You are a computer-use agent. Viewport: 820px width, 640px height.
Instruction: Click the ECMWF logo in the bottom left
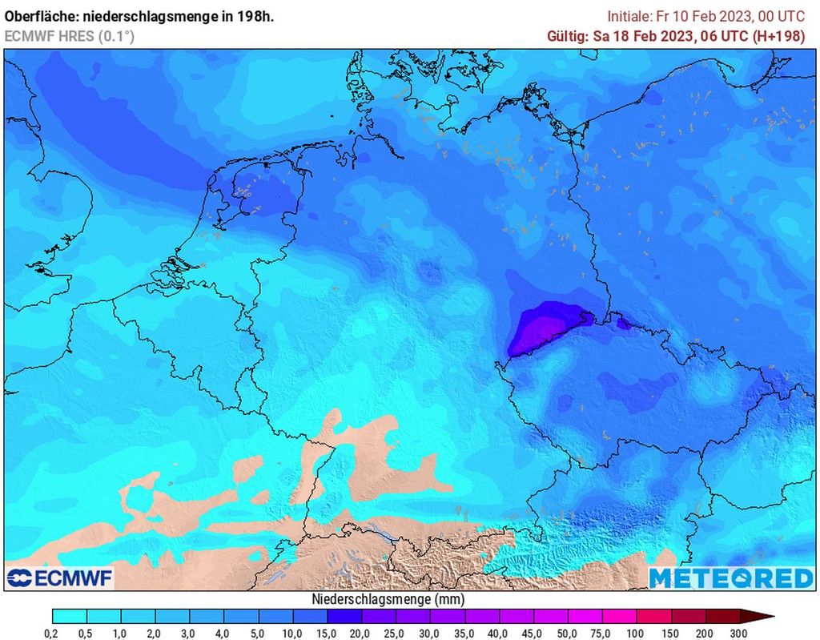point(60,578)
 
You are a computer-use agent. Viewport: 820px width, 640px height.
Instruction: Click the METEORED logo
point(730,578)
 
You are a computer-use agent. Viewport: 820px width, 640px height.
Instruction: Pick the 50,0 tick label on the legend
point(568,633)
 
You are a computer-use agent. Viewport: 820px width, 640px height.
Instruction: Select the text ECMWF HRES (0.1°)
point(70,36)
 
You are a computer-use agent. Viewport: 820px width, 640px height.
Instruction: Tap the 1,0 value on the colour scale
point(121,633)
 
